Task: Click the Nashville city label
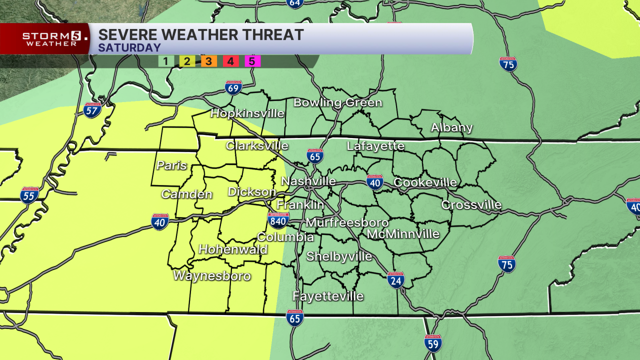pos(308,181)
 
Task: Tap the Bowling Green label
pos(337,103)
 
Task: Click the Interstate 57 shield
pos(92,110)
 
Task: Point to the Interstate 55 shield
pos(29,195)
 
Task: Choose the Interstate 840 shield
pos(278,220)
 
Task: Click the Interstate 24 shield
pos(395,280)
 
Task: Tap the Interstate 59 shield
pos(433,343)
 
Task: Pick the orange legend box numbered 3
pos(208,61)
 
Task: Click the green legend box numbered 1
pos(165,61)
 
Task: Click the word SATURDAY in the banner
pos(129,48)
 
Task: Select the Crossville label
pos(471,205)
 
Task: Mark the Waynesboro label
pos(212,276)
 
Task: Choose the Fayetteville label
pos(328,296)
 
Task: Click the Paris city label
pos(171,165)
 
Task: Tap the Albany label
pos(452,127)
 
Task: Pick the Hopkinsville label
pos(247,113)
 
